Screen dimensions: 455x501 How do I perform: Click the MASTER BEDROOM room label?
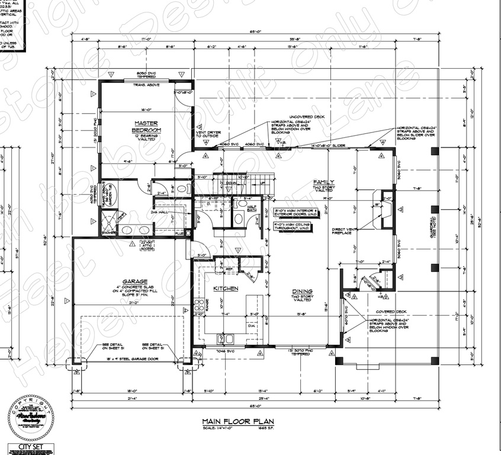click(x=144, y=126)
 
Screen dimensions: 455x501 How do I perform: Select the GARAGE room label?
click(x=135, y=281)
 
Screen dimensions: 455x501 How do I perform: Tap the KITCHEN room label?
click(x=226, y=289)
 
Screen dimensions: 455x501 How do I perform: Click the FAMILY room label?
click(x=324, y=182)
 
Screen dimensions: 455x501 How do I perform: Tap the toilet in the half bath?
click(x=239, y=218)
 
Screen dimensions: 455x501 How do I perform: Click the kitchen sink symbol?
click(x=226, y=339)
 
